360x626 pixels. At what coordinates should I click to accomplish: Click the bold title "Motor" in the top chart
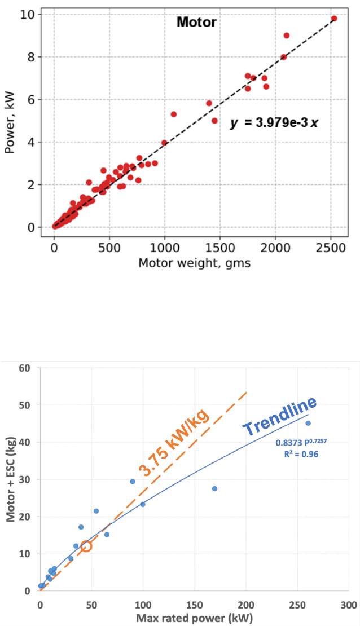tap(196, 23)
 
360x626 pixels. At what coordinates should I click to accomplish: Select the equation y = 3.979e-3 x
tap(274, 122)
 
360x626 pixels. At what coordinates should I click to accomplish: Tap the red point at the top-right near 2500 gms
tap(334, 19)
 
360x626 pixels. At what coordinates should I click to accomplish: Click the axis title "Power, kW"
tap(10, 121)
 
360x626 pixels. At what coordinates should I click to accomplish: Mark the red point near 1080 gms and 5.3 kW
tap(174, 114)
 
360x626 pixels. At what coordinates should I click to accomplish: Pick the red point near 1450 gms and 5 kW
tap(214, 121)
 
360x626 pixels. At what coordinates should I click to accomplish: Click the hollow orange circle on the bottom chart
tap(86, 546)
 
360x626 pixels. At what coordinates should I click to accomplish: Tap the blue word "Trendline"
tap(279, 417)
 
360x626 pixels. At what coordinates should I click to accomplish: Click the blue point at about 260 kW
tap(308, 423)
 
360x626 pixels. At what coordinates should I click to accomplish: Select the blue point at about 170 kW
tap(215, 488)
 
